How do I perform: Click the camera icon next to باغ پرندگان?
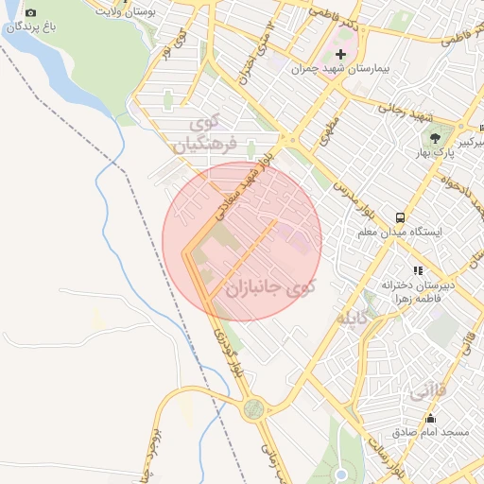[31, 13]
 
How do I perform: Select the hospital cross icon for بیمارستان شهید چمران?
[341, 55]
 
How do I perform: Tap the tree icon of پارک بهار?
[435, 139]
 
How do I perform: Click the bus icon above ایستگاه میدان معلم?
[401, 216]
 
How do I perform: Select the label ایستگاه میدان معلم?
[401, 231]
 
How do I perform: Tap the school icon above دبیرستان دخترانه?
[418, 271]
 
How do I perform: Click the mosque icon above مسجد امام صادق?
[431, 419]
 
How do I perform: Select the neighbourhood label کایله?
[346, 319]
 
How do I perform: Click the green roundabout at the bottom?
[252, 408]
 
